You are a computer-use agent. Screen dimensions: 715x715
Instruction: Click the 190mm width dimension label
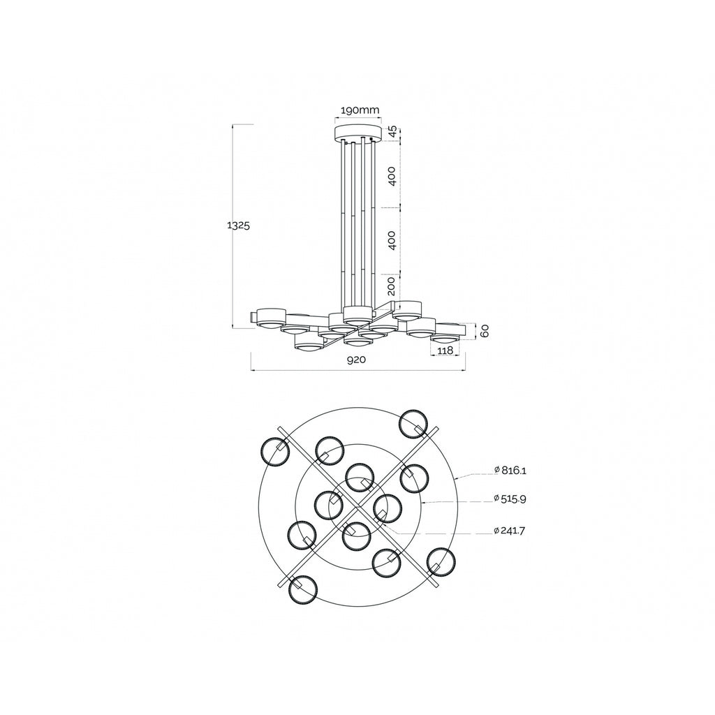point(360,110)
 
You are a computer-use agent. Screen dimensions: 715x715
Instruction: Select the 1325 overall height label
point(239,226)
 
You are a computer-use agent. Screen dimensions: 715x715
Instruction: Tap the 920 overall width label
point(356,360)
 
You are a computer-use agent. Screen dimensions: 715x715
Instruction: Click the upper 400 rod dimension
point(392,176)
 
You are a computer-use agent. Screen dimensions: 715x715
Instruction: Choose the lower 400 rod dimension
point(392,240)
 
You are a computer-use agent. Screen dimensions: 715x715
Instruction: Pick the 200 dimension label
point(392,286)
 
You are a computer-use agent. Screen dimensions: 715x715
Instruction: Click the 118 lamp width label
point(445,351)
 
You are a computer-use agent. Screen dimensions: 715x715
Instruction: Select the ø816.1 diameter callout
point(510,470)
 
